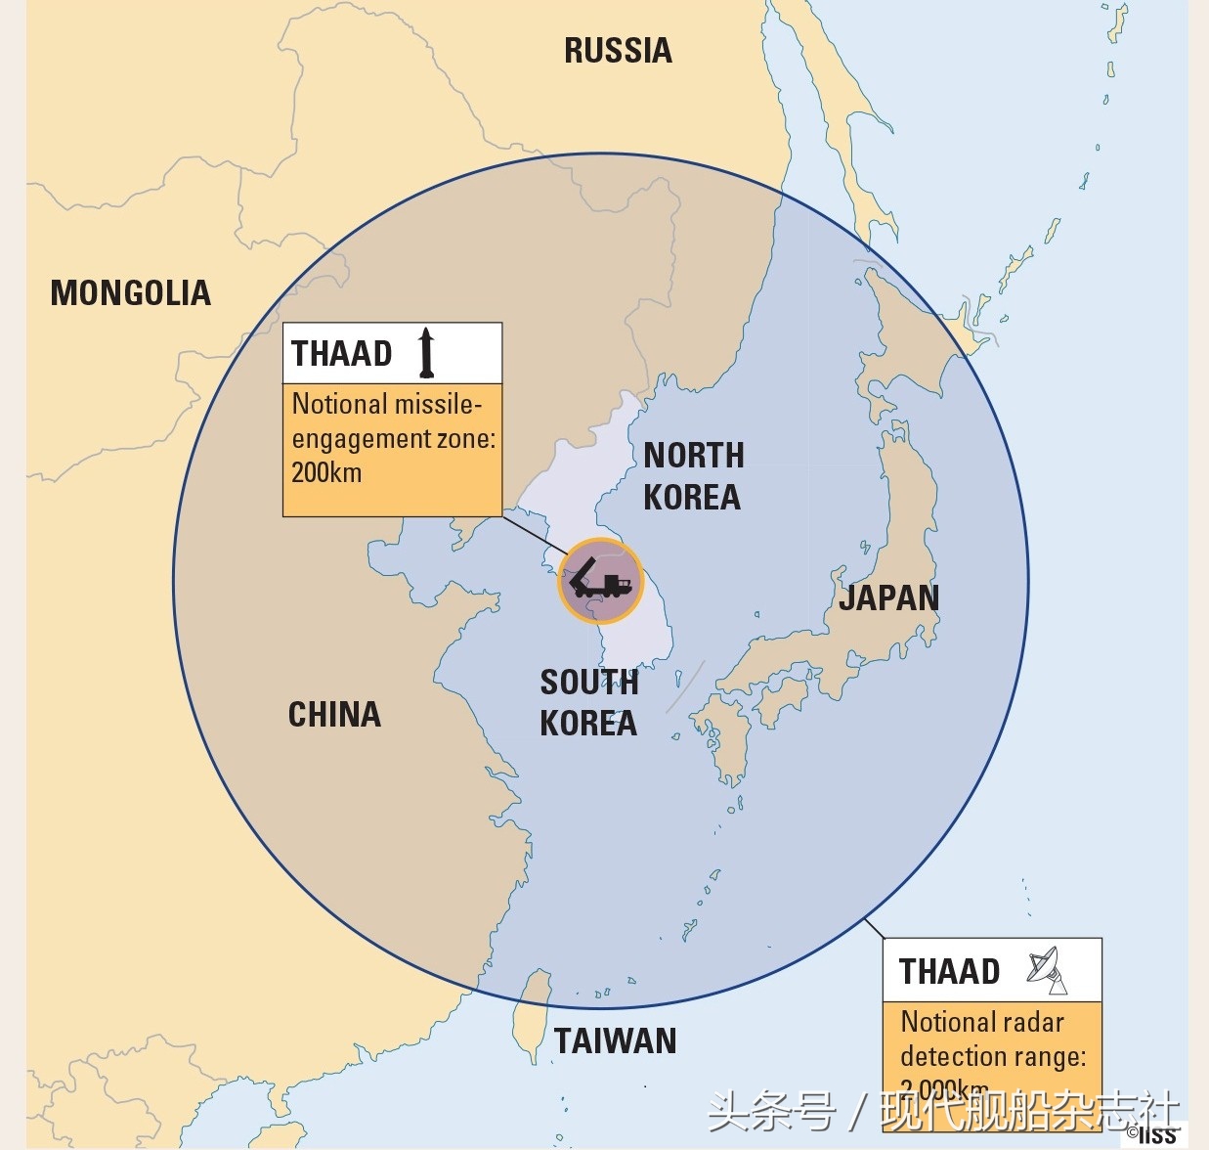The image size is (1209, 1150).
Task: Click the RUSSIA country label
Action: [x=618, y=51]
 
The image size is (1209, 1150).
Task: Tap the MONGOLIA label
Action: [x=131, y=293]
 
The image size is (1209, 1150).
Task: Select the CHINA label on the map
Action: [x=334, y=715]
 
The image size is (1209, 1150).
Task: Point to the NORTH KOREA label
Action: [x=693, y=476]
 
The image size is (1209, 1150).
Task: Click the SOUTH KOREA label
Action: [x=588, y=702]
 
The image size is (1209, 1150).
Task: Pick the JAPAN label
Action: [x=888, y=597]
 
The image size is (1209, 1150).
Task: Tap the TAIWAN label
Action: [x=615, y=1041]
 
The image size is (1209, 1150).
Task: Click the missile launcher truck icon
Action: [x=600, y=581]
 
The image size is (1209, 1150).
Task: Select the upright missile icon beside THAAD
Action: [x=426, y=353]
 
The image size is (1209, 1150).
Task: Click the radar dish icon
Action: [x=1047, y=969]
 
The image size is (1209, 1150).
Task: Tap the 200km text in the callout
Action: [x=326, y=473]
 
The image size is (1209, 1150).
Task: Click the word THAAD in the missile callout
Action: [x=341, y=353]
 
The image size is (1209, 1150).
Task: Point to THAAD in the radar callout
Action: [x=949, y=972]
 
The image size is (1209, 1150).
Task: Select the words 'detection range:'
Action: [x=993, y=1056]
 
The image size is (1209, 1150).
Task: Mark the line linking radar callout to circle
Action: [x=874, y=929]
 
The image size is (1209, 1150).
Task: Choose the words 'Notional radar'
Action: [x=982, y=1022]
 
